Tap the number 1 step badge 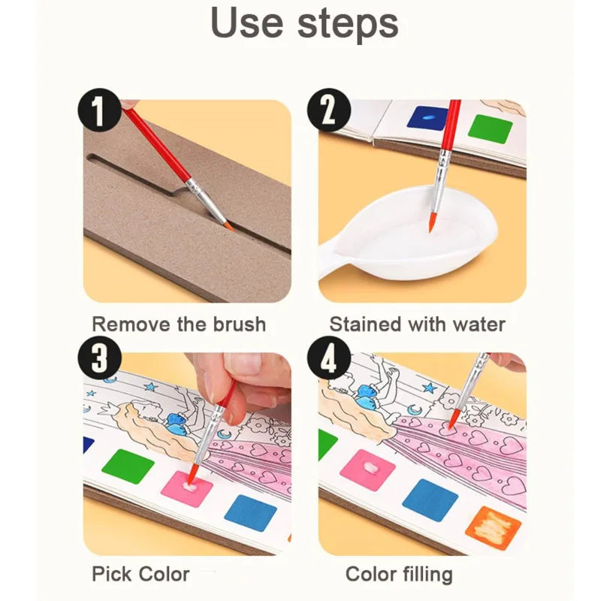tap(99, 110)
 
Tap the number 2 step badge tap(328, 110)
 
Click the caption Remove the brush tap(179, 325)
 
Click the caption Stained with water tap(417, 325)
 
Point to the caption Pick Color tap(140, 574)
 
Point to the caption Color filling tap(399, 574)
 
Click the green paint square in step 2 tap(491, 128)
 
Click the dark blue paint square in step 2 tap(427, 118)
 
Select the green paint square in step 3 tap(128, 466)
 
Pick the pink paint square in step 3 tap(186, 488)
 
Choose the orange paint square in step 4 tap(493, 527)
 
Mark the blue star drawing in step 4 tap(429, 388)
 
